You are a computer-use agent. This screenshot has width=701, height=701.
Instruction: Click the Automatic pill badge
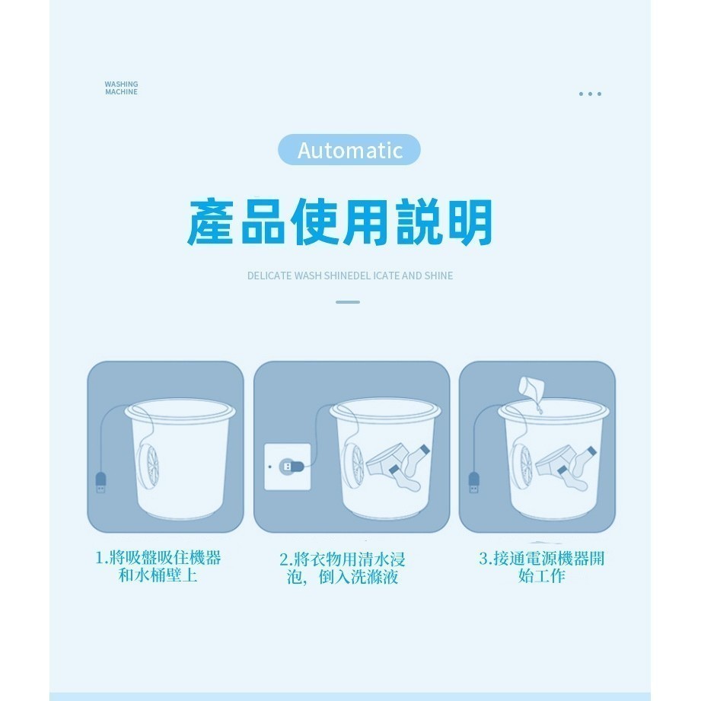tap(349, 150)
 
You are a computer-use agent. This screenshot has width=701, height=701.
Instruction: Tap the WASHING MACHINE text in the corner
tap(121, 88)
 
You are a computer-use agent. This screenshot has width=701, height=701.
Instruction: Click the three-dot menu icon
tap(590, 94)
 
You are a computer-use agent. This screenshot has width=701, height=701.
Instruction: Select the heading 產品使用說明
tap(339, 221)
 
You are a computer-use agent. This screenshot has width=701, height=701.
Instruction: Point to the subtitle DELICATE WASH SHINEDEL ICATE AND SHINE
tap(350, 276)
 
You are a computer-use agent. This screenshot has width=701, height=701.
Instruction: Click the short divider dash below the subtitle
tap(348, 302)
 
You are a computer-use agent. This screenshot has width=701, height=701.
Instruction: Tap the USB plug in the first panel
tap(101, 483)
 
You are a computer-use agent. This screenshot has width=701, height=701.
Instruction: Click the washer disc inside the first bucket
tap(148, 467)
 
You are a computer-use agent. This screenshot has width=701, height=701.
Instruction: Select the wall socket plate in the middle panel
tap(288, 467)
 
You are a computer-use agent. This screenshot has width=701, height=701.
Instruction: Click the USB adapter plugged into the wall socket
tap(292, 467)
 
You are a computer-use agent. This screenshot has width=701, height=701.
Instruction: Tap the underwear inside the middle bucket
tap(386, 460)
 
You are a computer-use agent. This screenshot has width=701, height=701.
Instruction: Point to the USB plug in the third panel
tap(474, 483)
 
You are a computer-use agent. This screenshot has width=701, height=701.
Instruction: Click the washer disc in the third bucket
tap(521, 467)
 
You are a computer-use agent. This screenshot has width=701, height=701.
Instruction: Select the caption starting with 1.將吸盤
tap(158, 566)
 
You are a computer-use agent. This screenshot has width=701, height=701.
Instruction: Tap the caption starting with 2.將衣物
tap(343, 568)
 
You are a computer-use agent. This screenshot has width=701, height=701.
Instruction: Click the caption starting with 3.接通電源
tap(541, 567)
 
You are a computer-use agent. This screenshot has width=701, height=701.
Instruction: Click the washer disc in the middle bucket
tap(353, 467)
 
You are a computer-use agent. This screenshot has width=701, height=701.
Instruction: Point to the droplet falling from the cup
tap(540, 408)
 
